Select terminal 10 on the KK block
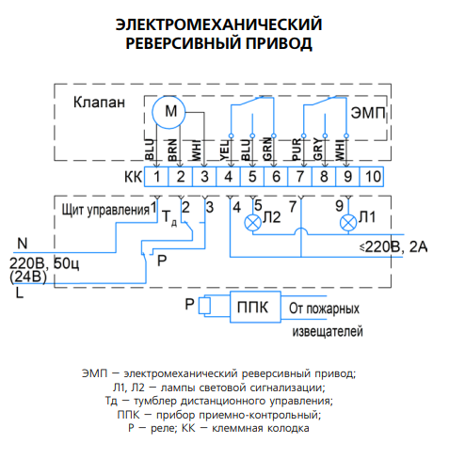click(x=371, y=177)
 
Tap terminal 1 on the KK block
click(x=156, y=177)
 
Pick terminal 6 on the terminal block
click(x=276, y=177)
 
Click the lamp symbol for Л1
click(x=348, y=223)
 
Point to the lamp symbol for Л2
click(x=252, y=223)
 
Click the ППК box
click(x=255, y=307)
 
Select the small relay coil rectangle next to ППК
click(x=204, y=305)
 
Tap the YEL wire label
click(x=225, y=150)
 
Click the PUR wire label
click(x=297, y=150)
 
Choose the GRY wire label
click(x=318, y=150)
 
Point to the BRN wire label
click(x=172, y=150)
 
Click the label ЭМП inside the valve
click(x=368, y=113)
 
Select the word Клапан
click(x=99, y=103)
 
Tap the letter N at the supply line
click(x=23, y=244)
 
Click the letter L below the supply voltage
click(x=20, y=293)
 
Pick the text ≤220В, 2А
click(x=393, y=247)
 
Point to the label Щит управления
click(x=105, y=210)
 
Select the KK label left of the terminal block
click(x=134, y=177)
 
